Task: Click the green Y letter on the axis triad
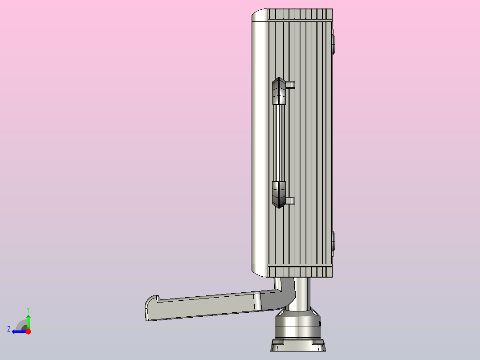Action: tap(28, 310)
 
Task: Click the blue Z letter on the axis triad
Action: tap(9, 329)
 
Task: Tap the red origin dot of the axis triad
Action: tap(28, 331)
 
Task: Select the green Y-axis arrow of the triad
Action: tap(28, 322)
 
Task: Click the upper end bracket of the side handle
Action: tap(279, 91)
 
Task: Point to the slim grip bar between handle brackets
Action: tap(279, 143)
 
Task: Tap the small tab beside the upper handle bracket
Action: tap(290, 85)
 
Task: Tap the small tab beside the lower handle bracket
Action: tap(290, 201)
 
